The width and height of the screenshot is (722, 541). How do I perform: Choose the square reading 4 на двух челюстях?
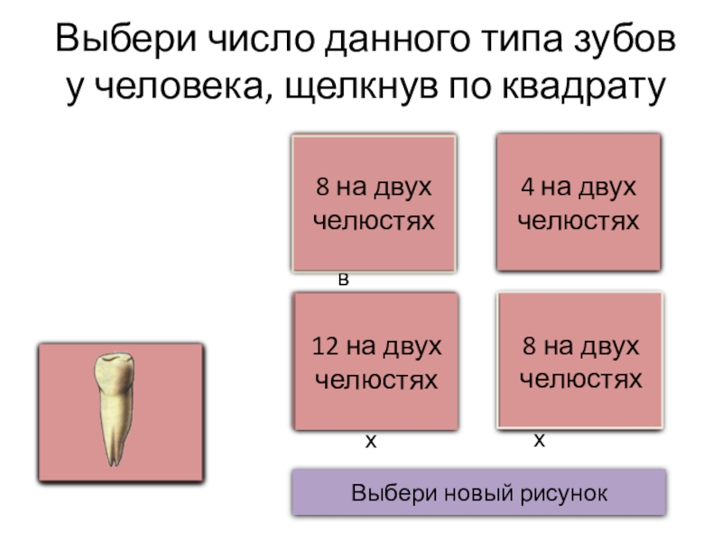coord(579,202)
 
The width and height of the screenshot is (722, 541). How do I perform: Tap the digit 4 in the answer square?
coord(526,188)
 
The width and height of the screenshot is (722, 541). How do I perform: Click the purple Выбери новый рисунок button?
coord(479,494)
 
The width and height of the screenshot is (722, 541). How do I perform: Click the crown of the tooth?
coord(115,370)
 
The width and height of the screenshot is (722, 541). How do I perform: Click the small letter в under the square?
coord(343,280)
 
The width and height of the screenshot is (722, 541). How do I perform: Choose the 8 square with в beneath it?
coord(373,202)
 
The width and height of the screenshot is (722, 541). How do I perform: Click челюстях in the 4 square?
coord(579,219)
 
